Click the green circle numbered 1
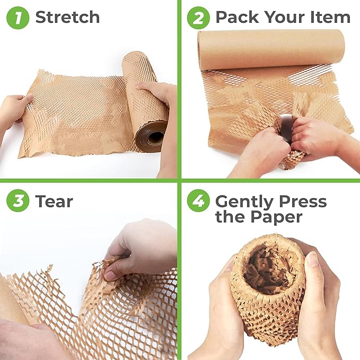tap(17, 17)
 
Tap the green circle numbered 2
tap(198, 17)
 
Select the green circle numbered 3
tap(17, 201)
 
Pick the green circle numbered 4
tap(198, 201)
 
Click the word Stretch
tap(67, 17)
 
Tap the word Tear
tap(54, 201)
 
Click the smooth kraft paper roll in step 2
tap(270, 49)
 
